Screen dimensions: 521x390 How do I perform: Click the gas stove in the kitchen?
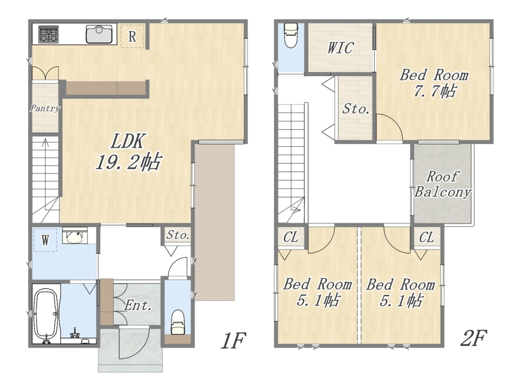click(49, 34)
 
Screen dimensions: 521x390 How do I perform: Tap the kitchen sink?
click(99, 34)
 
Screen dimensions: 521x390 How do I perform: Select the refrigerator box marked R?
click(132, 36)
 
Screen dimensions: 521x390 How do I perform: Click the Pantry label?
click(45, 108)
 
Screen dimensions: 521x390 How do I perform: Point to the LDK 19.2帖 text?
click(128, 152)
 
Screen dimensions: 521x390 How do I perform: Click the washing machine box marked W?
click(45, 240)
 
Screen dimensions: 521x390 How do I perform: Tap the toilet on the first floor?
click(177, 322)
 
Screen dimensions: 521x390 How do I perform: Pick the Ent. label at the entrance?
click(138, 306)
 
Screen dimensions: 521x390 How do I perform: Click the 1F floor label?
click(233, 340)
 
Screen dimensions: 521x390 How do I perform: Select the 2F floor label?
click(473, 338)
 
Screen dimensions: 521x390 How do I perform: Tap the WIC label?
click(340, 48)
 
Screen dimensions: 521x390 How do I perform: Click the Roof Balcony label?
click(442, 184)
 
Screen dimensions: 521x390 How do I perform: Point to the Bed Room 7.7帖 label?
click(434, 83)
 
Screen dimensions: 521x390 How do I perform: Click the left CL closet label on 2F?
click(291, 237)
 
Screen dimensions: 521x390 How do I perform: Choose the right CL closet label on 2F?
click(427, 237)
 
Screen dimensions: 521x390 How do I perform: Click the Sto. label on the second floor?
click(356, 108)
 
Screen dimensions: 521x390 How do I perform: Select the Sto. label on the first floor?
click(178, 235)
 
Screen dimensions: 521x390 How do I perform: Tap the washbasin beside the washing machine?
click(75, 236)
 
